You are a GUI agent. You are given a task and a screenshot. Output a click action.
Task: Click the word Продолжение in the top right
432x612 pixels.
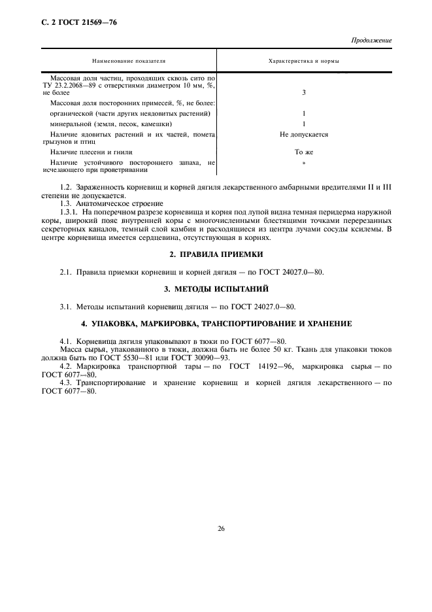point(371,41)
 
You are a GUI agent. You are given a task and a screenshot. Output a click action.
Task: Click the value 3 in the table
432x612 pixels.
point(304,93)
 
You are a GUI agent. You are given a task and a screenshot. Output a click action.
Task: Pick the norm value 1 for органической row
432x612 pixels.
point(304,113)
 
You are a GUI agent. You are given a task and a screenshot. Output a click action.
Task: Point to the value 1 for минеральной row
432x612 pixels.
point(304,124)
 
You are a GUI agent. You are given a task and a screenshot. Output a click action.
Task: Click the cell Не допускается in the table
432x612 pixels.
point(304,135)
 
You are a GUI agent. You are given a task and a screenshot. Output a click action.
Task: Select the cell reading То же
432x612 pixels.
point(304,151)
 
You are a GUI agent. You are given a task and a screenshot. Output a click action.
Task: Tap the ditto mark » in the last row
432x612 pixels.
point(304,162)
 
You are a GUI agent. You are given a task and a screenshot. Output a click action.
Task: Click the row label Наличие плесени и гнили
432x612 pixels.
point(86,151)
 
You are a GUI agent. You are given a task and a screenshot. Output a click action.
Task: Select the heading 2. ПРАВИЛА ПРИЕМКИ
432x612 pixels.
point(216,254)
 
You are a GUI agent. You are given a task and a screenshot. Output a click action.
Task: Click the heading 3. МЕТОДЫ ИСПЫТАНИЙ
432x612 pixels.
point(216,288)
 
